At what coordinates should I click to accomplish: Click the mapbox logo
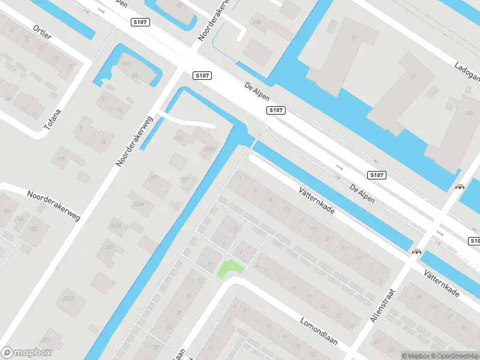pyautogui.click(x=26, y=353)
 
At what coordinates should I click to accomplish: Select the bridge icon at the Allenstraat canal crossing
pyautogui.click(x=415, y=252)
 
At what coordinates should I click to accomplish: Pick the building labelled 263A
pyautogui.click(x=115, y=225)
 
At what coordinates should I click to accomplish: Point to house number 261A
pyautogui.click(x=139, y=204)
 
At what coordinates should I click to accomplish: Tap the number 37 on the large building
pyautogui.click(x=413, y=76)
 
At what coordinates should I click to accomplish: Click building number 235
pyautogui.click(x=257, y=22)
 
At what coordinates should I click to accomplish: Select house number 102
pyautogui.click(x=34, y=229)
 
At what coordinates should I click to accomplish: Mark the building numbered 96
pyautogui.click(x=104, y=142)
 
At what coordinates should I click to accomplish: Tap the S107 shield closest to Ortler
pyautogui.click(x=139, y=22)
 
